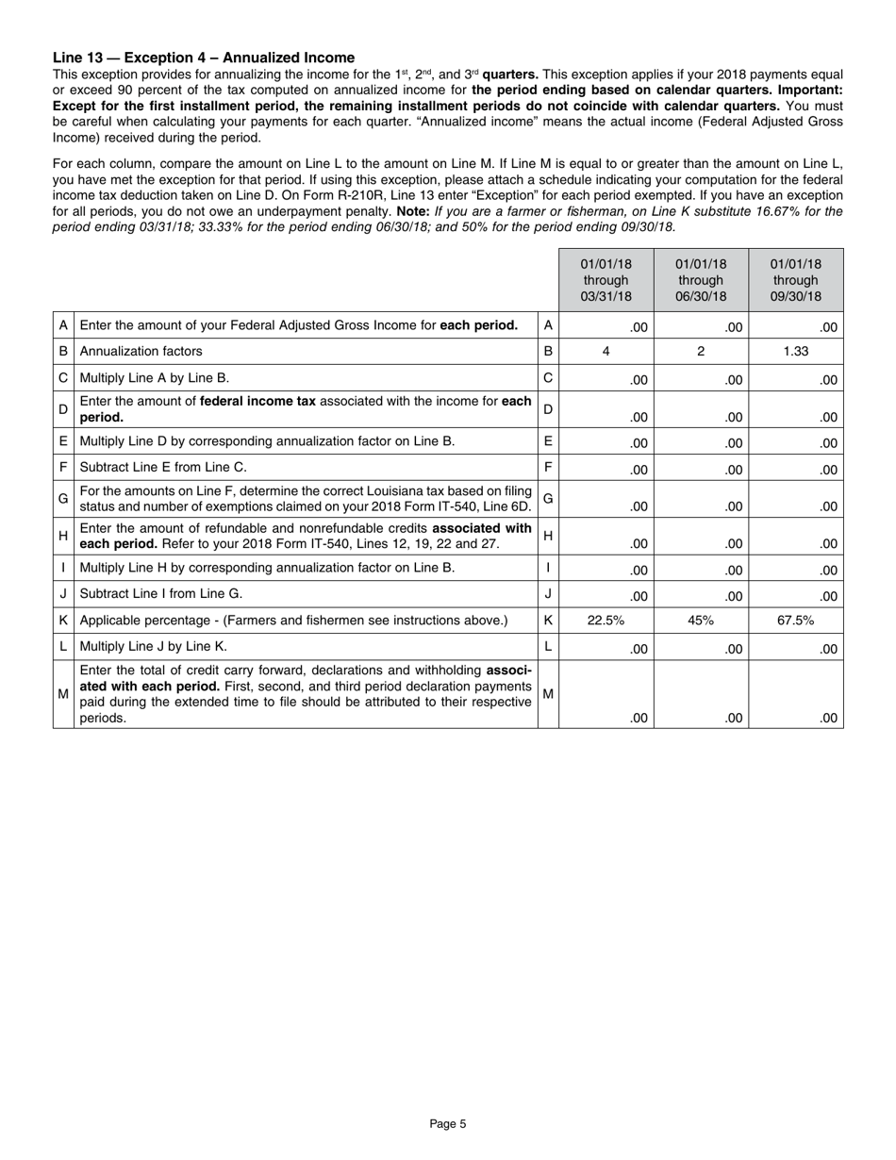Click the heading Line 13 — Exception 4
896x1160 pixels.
204,58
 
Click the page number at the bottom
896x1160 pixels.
448,1123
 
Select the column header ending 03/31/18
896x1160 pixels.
606,280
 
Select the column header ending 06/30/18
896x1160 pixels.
701,280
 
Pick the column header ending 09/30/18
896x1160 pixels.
796,280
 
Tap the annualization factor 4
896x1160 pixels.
606,351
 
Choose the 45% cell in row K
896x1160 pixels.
701,621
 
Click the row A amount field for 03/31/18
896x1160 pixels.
606,326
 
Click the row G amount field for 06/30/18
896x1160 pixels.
701,500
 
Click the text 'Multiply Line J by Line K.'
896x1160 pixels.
154,646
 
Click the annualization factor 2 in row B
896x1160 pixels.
701,351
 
